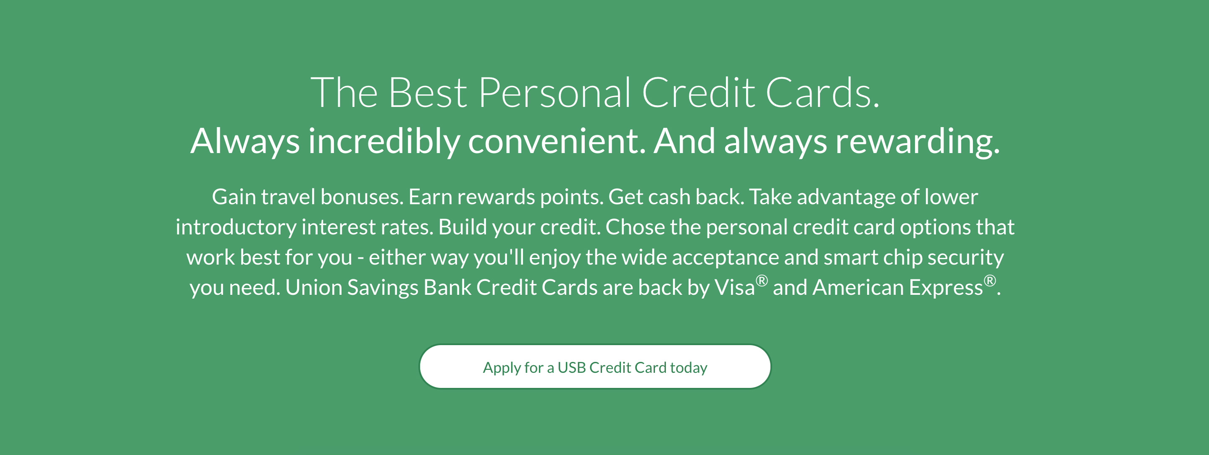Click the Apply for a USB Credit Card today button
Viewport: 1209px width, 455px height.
pos(595,367)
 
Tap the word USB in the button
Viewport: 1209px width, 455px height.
pos(572,367)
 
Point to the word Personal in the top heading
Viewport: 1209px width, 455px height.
pos(555,92)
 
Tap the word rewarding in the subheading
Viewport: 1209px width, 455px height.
pos(918,141)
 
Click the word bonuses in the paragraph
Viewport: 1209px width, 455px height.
pos(362,197)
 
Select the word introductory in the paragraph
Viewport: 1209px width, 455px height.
pos(236,227)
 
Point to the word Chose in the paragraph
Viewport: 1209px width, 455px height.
pos(636,227)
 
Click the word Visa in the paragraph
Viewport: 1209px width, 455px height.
pos(735,288)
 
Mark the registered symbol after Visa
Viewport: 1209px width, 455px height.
pos(762,281)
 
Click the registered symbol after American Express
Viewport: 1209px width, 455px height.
pos(990,281)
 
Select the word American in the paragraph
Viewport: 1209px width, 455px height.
pos(858,288)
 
